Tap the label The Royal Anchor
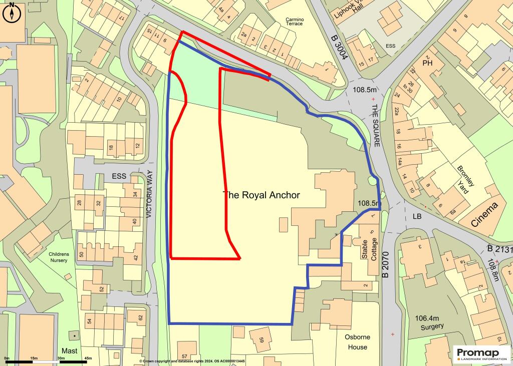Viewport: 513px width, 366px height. (262, 195)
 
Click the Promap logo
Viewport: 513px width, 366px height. (481, 353)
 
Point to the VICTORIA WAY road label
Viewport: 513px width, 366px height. (149, 195)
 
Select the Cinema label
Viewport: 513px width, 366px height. (484, 215)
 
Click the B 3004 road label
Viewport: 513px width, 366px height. (339, 48)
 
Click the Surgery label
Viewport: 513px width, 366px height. (432, 326)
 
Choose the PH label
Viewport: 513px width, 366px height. (427, 64)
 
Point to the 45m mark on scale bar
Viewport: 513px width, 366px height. (88, 358)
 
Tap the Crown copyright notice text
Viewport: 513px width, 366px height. (192, 361)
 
